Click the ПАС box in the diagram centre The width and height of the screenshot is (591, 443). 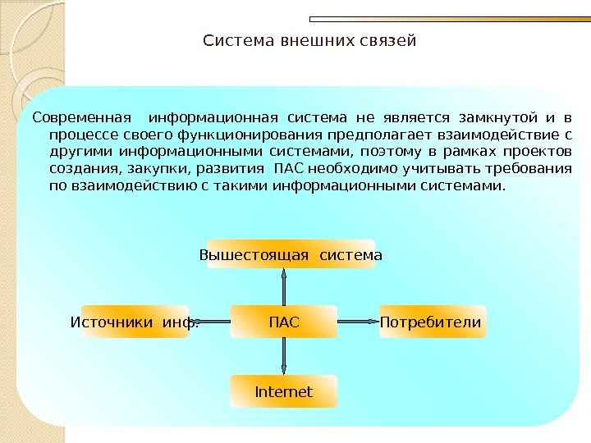point(283,322)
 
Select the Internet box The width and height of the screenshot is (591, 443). point(283,392)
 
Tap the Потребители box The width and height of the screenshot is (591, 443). point(432,322)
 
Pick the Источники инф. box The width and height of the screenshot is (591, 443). point(135,322)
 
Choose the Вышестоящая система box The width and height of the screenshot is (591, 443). point(291,255)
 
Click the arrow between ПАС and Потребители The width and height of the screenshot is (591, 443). point(357,322)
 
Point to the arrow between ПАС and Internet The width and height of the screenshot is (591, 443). point(283,356)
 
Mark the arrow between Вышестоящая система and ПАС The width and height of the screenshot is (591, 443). point(283,288)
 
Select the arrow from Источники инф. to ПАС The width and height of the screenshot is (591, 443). point(215,322)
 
